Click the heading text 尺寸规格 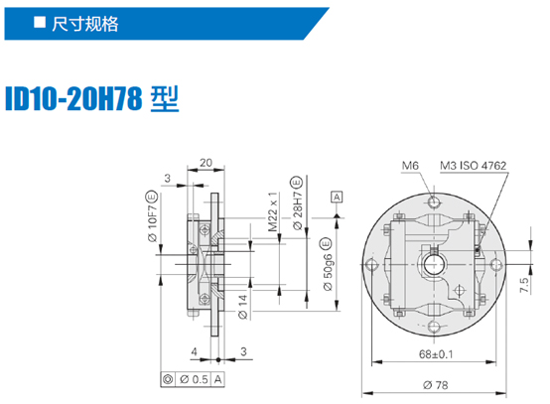tap(85, 24)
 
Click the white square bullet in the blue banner tap(40, 22)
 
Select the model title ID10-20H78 tap(74, 99)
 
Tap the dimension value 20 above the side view tap(206, 163)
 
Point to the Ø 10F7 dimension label tap(152, 216)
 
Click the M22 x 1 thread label tap(273, 211)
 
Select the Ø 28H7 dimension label tap(297, 203)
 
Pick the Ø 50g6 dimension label tap(327, 264)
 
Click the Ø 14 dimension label tap(242, 307)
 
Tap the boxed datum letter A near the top tap(337, 198)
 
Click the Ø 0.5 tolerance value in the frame tap(194, 379)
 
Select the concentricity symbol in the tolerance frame tap(168, 379)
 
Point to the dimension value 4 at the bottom tap(195, 351)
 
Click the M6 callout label tap(410, 165)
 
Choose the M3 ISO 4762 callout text tap(474, 165)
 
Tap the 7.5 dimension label tap(524, 286)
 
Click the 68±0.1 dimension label tap(436, 354)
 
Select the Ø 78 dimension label tap(435, 385)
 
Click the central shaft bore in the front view tap(434, 264)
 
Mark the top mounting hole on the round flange tap(434, 202)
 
